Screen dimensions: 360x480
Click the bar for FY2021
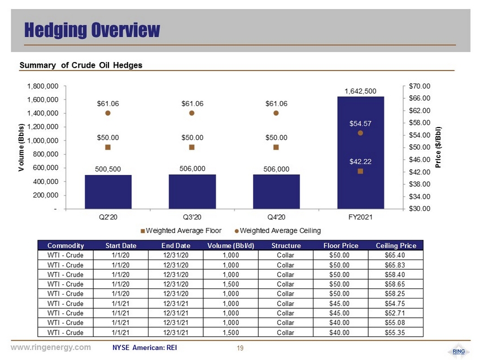point(360,152)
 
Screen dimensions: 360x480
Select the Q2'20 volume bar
point(108,192)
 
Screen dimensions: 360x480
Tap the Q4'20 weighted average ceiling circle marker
point(276,113)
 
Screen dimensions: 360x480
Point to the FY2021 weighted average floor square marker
point(360,171)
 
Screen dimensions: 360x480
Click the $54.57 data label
point(360,122)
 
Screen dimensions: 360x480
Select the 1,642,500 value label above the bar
point(360,90)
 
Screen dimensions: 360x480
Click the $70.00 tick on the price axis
point(419,86)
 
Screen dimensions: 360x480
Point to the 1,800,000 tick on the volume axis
point(42,86)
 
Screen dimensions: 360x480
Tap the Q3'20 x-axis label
point(192,217)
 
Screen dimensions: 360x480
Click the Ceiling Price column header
point(395,245)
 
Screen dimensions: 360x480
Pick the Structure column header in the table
point(285,245)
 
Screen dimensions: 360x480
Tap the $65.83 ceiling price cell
point(395,265)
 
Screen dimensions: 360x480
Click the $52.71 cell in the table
point(395,313)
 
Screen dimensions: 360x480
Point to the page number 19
point(240,348)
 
